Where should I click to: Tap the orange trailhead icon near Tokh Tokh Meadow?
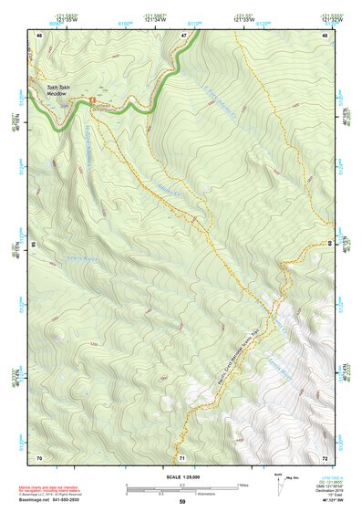point(91,93)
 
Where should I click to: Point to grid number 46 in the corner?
point(39,35)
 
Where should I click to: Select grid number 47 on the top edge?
point(183,35)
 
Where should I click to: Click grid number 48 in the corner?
point(326,35)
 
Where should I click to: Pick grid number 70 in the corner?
point(39,456)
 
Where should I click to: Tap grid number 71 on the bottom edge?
point(182,456)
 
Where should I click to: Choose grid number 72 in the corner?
point(326,456)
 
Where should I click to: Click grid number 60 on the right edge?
point(328,245)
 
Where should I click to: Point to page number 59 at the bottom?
point(181,502)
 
